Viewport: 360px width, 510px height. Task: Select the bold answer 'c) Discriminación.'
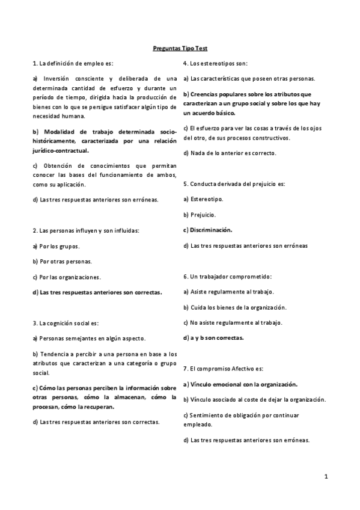(207, 230)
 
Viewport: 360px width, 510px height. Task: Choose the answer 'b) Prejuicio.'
(200, 214)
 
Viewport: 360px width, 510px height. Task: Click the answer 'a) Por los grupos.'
(56, 246)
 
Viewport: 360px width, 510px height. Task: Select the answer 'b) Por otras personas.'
(63, 262)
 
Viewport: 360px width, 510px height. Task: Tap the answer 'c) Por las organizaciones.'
(67, 277)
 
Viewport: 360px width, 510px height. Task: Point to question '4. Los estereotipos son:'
(215, 63)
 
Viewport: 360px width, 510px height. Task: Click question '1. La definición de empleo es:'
(73, 63)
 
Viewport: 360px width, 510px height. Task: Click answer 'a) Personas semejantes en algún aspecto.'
(89, 339)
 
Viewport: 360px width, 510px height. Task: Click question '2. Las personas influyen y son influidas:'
(86, 230)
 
